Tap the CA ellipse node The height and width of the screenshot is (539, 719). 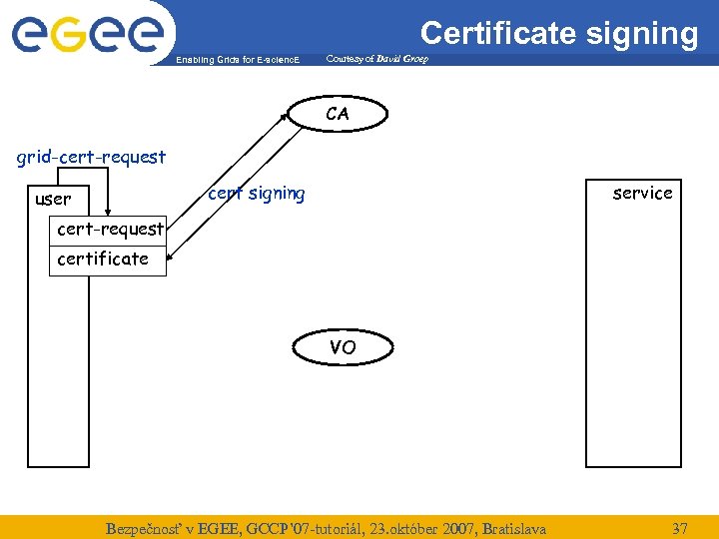pyautogui.click(x=338, y=114)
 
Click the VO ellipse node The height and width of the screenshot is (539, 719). pyautogui.click(x=343, y=347)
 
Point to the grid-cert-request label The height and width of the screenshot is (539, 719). pyautogui.click(x=91, y=157)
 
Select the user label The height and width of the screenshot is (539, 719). pyautogui.click(x=53, y=199)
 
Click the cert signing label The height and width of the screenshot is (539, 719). pyautogui.click(x=257, y=193)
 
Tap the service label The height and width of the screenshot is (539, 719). pyautogui.click(x=642, y=193)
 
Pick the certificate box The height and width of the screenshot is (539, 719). pyautogui.click(x=103, y=259)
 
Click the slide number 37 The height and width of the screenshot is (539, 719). pyautogui.click(x=679, y=527)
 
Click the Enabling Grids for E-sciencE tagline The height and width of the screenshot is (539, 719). pyautogui.click(x=237, y=60)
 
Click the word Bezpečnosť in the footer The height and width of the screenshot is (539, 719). pyautogui.click(x=147, y=527)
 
